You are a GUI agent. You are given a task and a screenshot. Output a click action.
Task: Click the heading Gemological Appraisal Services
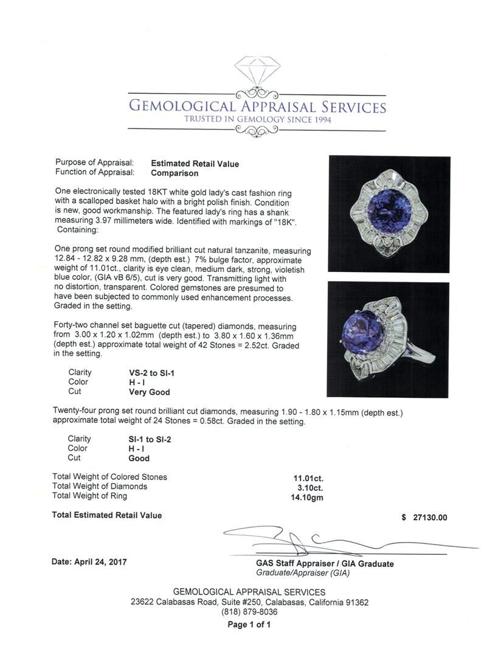click(x=257, y=107)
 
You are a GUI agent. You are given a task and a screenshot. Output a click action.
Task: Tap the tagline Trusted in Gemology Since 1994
click(x=258, y=119)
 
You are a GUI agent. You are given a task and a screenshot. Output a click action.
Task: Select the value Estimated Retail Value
click(x=195, y=164)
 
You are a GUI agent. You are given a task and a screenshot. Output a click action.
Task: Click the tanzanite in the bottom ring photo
click(x=373, y=336)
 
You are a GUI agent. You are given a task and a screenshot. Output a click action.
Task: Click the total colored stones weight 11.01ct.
click(x=308, y=478)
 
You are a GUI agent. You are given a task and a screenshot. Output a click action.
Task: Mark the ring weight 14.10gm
click(x=307, y=496)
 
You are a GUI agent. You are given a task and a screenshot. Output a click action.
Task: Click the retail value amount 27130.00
click(x=429, y=517)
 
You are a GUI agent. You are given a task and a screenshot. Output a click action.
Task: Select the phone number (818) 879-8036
click(x=249, y=612)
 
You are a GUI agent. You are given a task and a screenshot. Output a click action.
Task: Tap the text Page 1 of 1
click(x=249, y=624)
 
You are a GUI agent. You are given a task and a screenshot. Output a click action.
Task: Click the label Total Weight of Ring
click(x=90, y=496)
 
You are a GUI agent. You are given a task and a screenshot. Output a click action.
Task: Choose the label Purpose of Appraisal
click(x=94, y=163)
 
